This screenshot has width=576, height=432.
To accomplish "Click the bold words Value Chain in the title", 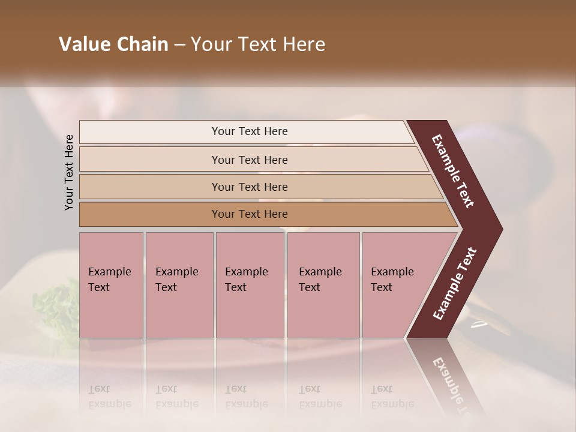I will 113,44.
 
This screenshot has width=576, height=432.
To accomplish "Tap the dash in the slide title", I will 179,45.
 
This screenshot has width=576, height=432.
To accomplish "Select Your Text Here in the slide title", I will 258,44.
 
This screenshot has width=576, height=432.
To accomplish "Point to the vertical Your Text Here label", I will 69,172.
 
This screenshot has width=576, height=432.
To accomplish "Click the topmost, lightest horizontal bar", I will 249,131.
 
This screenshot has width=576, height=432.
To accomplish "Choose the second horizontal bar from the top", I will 249,160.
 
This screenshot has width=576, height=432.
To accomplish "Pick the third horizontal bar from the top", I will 249,187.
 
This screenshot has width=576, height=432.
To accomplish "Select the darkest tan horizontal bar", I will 249,214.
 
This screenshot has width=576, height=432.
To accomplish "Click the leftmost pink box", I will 111,285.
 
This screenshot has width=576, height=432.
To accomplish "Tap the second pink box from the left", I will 179,285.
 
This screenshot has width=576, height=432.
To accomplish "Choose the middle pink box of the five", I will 250,285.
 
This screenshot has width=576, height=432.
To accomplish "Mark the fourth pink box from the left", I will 323,285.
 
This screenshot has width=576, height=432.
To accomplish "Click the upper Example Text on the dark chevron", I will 454,171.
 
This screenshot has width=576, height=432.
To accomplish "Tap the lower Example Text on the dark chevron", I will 455,284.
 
